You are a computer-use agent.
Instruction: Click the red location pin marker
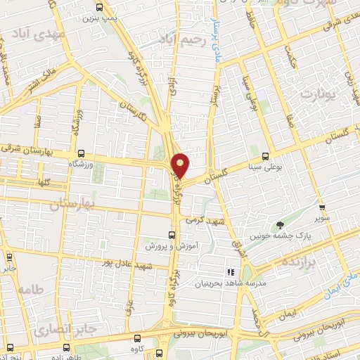(x=181, y=165)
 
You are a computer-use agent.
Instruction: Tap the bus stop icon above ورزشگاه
(x=81, y=153)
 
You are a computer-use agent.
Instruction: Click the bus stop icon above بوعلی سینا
(x=265, y=156)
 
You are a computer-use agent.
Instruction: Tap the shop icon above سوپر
(x=321, y=208)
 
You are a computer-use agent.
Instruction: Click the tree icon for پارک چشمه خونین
(x=281, y=225)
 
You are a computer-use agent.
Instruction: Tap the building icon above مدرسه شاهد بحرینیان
(x=229, y=271)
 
